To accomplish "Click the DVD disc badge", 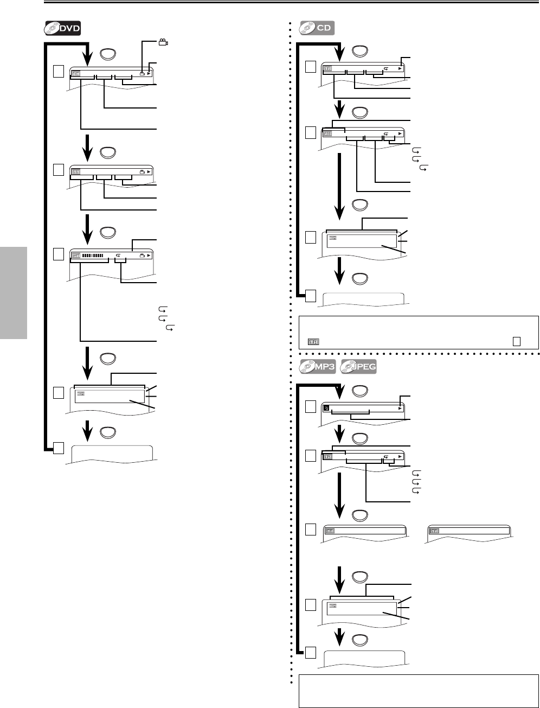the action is [62, 29].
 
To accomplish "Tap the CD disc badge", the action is [317, 28].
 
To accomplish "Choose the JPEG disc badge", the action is [358, 367].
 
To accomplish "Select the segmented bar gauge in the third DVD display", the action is [92, 255].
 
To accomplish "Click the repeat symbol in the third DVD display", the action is [118, 255].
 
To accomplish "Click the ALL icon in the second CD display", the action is [327, 134].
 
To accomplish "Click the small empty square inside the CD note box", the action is [516, 341].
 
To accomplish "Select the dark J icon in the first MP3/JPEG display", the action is [326, 409].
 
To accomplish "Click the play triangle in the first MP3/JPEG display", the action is [400, 409].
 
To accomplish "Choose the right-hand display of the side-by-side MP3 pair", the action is [468, 531].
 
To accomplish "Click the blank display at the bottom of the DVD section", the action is [112, 452].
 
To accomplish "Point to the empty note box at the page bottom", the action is [418, 691].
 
